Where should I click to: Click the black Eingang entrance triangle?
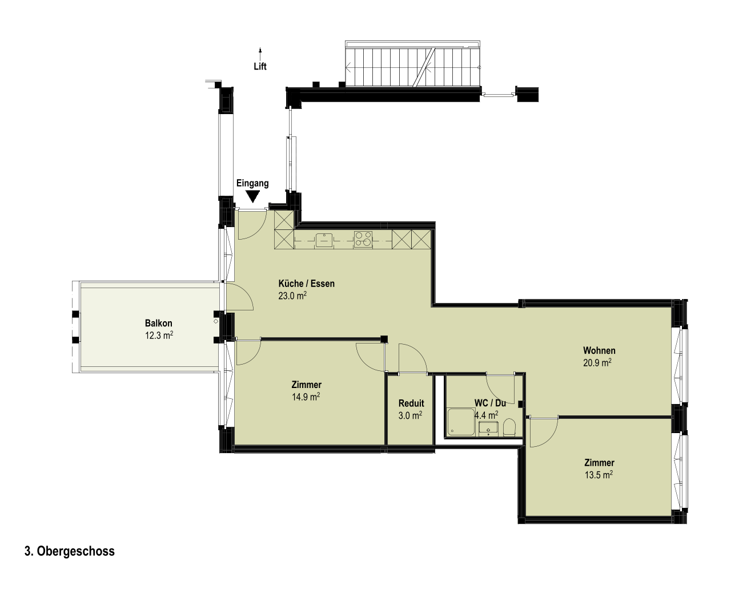coord(252,196)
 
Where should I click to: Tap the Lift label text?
coord(260,66)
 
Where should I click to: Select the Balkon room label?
coord(159,323)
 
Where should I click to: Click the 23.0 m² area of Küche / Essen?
coord(292,296)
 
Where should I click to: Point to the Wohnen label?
coord(599,350)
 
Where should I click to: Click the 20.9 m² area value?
coord(597,363)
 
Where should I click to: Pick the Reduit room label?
coord(411,403)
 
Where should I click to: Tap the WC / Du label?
coord(490,403)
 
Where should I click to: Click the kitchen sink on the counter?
coord(324,239)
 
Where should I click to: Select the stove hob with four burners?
coord(363,239)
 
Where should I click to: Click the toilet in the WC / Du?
coord(509,427)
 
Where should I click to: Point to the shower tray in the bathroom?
coord(461,422)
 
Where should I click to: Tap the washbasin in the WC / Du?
coord(488,429)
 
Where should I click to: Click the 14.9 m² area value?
coord(306,397)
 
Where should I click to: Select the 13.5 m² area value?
coord(599,475)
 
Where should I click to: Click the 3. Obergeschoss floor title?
coord(70,551)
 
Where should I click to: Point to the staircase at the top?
coord(413,64)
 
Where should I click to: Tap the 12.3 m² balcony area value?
coord(159,336)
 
